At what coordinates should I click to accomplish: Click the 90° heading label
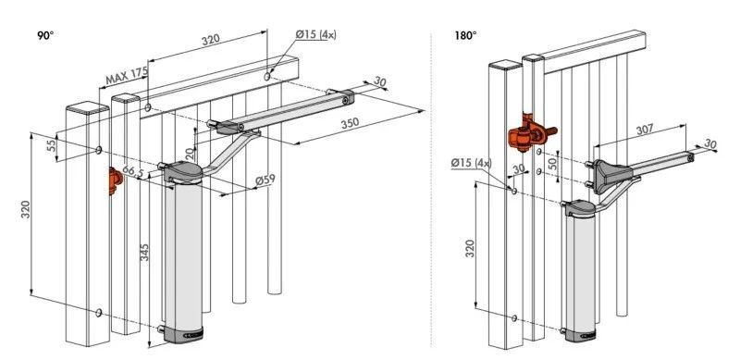pos(45,35)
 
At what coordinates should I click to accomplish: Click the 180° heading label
pos(466,35)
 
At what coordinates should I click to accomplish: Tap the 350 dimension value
pos(351,123)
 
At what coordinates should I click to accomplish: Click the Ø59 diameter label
pos(265,180)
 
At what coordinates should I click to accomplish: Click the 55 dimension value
pos(52,143)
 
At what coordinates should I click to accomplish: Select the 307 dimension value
pos(645,130)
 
